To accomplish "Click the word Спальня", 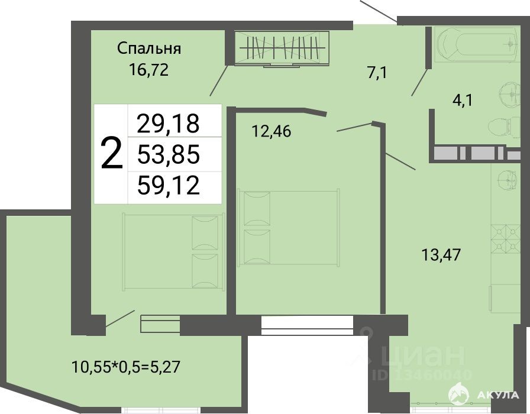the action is (x=149, y=48).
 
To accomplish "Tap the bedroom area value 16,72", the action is (x=148, y=70).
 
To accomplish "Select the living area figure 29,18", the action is (x=169, y=123).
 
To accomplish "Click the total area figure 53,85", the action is (x=169, y=154).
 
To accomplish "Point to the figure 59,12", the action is (x=169, y=185).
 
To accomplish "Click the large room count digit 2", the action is (x=112, y=154).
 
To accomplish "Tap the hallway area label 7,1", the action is (x=377, y=73).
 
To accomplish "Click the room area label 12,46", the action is (x=272, y=131).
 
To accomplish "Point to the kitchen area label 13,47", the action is (x=441, y=254).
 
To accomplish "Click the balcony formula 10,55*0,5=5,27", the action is (x=126, y=367).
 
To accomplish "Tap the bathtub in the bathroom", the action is (x=476, y=44).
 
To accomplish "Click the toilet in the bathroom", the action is (x=504, y=127).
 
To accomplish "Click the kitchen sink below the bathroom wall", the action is (x=507, y=179).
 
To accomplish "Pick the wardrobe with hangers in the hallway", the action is (x=281, y=48).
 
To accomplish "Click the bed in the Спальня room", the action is (x=174, y=251).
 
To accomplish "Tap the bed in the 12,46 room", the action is (x=289, y=228).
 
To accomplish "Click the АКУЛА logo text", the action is (x=499, y=394).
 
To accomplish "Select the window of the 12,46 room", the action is (x=307, y=325).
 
